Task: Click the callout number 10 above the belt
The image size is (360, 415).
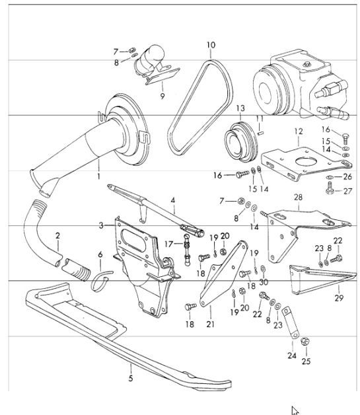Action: click(210, 46)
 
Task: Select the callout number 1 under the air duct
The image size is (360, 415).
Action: click(98, 177)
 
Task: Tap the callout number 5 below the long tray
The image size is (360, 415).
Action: click(131, 378)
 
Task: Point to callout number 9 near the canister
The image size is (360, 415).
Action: click(162, 96)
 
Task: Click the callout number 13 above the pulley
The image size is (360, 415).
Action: click(240, 108)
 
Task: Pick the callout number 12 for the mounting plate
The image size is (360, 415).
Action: click(299, 132)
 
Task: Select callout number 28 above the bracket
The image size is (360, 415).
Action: click(298, 197)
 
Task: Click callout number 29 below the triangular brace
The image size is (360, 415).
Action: click(339, 299)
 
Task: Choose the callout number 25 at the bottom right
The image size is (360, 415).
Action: click(305, 361)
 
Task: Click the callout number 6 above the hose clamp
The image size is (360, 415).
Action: click(100, 254)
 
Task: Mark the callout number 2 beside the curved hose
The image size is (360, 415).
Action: click(57, 235)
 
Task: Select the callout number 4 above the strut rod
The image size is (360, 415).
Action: click(172, 200)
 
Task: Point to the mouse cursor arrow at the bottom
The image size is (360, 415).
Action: click(295, 410)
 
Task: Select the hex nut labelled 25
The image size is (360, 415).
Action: click(304, 342)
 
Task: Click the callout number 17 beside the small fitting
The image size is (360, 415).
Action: click(168, 243)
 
